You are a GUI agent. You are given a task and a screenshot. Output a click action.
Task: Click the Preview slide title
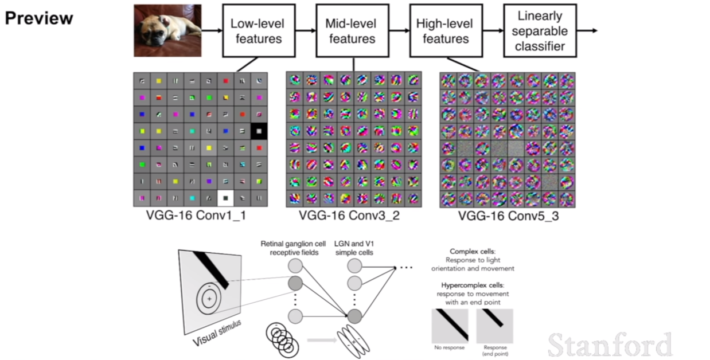tap(39, 18)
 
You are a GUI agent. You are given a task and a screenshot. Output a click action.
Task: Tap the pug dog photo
tap(167, 30)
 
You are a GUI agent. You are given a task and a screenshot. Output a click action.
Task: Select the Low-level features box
tap(259, 31)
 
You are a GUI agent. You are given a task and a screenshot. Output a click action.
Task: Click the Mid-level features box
tap(352, 31)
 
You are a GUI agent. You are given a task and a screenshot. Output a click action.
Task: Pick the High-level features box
tap(446, 31)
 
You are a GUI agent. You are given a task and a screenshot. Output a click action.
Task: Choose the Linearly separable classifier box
tap(540, 31)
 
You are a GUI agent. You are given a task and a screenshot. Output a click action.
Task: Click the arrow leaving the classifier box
tap(587, 31)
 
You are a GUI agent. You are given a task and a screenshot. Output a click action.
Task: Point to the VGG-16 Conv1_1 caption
tap(196, 216)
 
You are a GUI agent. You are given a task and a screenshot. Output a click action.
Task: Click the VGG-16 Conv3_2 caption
tap(349, 216)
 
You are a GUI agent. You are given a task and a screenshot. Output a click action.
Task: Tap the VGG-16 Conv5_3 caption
tap(508, 216)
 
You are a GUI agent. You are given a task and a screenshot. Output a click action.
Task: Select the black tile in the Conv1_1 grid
tap(259, 131)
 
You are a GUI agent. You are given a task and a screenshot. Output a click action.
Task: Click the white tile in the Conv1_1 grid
tap(225, 198)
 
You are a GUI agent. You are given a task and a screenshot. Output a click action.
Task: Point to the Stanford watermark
tap(610, 345)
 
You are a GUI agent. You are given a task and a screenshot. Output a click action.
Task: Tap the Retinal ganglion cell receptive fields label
tap(293, 248)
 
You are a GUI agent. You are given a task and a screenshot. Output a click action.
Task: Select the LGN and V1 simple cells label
tap(354, 248)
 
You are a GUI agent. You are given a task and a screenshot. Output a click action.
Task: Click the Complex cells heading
tap(472, 251)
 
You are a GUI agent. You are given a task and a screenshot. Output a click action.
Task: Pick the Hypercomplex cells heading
tap(472, 285)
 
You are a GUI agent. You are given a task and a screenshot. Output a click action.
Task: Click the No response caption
tap(449, 347)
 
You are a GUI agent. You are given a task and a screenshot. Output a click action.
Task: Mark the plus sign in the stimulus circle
tap(209, 299)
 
